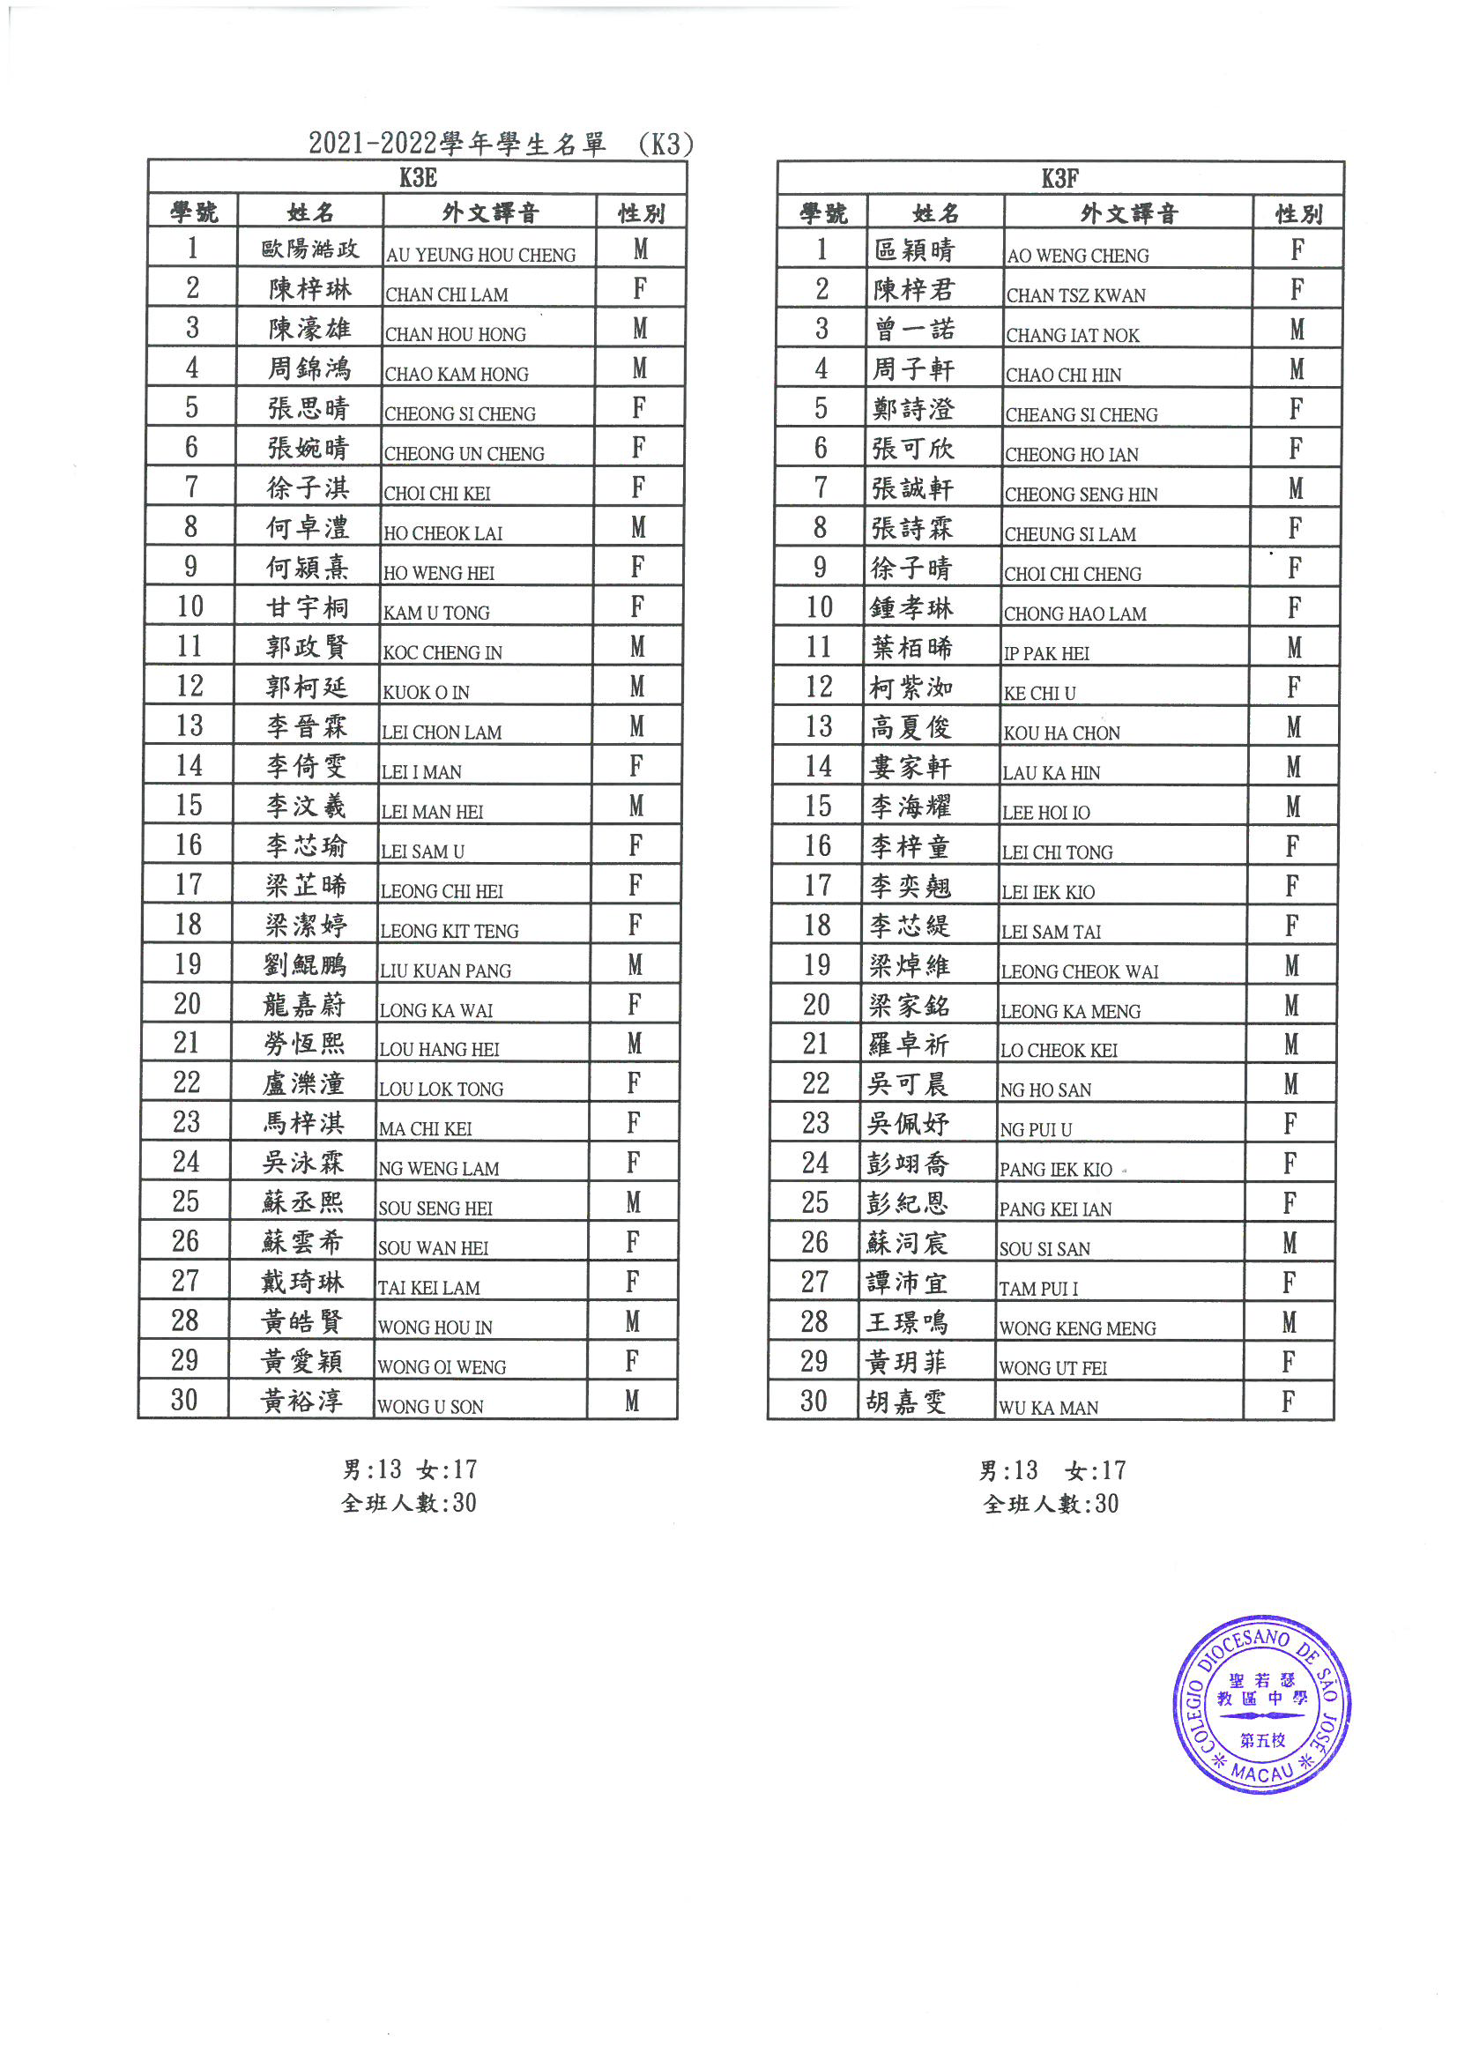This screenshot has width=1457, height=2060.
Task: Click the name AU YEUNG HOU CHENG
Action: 481,255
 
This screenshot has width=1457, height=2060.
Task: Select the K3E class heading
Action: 418,178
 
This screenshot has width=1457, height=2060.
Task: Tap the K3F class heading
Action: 1059,179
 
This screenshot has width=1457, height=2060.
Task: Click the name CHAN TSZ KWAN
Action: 1075,295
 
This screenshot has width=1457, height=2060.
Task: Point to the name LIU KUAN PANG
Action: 445,971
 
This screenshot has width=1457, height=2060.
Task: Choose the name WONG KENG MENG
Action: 1077,1327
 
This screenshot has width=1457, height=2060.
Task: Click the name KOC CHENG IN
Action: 442,653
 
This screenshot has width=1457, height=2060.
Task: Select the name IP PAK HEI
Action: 1046,654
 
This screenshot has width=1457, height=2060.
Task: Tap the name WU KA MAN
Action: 1049,1408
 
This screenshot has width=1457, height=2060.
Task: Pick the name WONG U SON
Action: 431,1407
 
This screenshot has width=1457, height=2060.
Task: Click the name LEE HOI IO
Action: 1046,813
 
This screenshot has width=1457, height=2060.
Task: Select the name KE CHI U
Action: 1039,694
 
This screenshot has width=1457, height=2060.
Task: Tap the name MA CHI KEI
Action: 425,1128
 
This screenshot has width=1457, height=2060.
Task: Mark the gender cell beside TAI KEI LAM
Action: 633,1283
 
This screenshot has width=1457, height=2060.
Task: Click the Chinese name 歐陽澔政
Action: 310,249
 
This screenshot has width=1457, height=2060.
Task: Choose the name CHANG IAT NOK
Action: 1072,336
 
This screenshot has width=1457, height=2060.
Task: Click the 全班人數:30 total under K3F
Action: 1051,1505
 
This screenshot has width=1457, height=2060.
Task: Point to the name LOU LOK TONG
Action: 441,1089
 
